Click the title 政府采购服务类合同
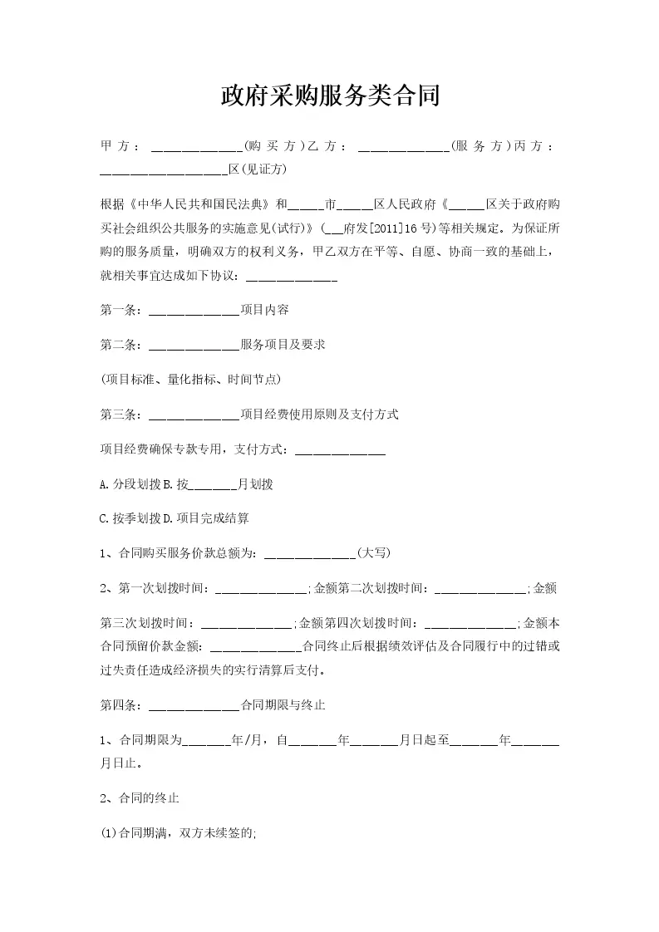pos(329,96)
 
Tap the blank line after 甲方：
pos(196,147)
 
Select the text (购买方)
pos(273,146)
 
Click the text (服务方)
pos(479,146)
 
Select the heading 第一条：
pos(122,310)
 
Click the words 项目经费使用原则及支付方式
pos(319,414)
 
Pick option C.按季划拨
pos(129,518)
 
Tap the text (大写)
pos(373,553)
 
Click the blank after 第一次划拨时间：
pos(262,589)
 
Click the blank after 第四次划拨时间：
pos(470,623)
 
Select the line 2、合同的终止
pos(139,798)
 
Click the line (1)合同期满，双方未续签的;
pos(179,834)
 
